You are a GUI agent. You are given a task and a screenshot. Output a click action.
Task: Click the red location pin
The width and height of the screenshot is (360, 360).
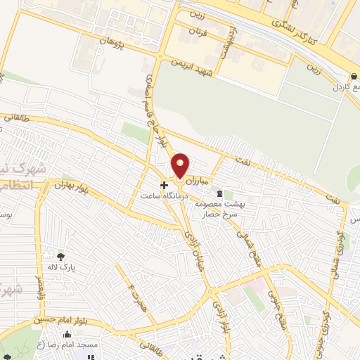[180, 165]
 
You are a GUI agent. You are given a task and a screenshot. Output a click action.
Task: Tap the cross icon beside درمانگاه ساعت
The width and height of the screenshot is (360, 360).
[165, 186]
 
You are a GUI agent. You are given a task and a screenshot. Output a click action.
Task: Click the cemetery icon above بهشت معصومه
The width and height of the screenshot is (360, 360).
[221, 193]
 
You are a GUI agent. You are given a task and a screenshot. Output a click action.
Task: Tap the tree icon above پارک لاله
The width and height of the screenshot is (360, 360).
[61, 257]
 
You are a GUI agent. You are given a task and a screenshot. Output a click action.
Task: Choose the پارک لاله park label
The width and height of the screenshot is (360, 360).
[61, 267]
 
